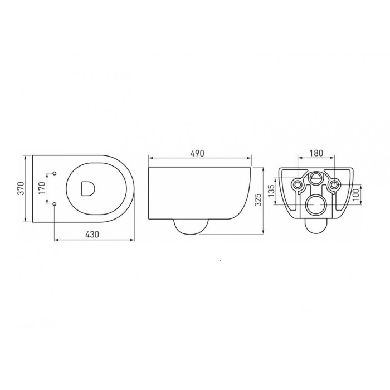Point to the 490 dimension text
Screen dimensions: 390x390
point(198,153)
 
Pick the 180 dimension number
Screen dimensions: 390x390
point(316,153)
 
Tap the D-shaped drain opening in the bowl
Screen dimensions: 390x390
point(87,188)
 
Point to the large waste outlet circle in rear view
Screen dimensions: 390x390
point(316,204)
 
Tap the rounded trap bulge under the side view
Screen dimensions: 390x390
point(191,225)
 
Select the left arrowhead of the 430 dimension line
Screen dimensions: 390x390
point(56,240)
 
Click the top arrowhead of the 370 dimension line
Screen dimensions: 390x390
point(26,157)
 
